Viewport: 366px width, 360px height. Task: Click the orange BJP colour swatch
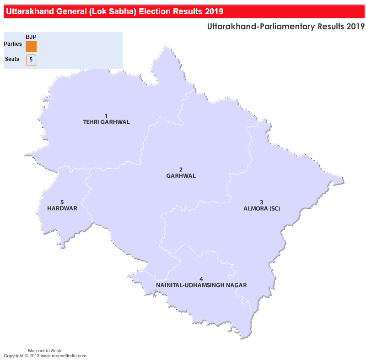pos(31,46)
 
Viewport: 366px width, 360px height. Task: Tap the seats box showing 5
pos(31,60)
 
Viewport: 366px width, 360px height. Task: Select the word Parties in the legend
pos(12,44)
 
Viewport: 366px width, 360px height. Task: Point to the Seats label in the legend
pos(12,59)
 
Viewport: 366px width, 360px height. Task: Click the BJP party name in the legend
pos(31,37)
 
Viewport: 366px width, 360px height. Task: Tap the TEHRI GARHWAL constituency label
pos(107,122)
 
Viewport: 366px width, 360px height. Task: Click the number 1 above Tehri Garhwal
pos(106,116)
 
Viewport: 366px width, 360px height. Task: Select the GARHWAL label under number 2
pos(181,176)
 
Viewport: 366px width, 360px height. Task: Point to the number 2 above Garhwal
pos(181,169)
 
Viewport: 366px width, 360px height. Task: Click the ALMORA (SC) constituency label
pos(262,209)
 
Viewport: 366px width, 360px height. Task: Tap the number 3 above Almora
pos(262,202)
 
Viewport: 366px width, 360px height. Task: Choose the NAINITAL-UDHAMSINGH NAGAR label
pos(201,285)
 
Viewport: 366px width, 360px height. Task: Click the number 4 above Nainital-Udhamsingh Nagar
pos(201,279)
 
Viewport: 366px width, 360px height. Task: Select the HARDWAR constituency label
pos(62,208)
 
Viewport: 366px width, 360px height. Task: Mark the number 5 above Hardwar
pos(62,202)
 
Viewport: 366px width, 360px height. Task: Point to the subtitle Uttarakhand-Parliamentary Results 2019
pos(285,27)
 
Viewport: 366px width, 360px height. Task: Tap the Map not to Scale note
pos(45,350)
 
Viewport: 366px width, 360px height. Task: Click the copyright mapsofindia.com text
pos(45,356)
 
